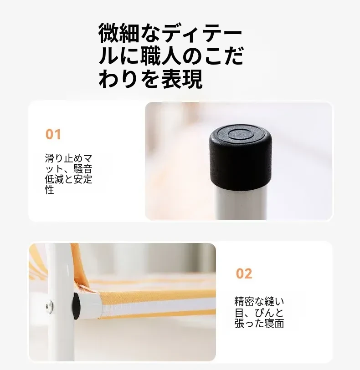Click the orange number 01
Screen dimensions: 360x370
(x=53, y=134)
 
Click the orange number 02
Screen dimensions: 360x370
(x=244, y=274)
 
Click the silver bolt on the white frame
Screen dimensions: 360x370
(x=49, y=307)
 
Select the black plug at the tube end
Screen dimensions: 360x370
(x=77, y=306)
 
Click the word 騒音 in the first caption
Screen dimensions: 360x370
(x=82, y=169)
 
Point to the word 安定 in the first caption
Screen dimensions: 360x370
(x=82, y=179)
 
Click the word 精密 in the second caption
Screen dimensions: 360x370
(x=244, y=302)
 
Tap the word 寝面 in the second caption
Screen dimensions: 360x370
(x=274, y=323)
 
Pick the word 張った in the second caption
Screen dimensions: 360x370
(x=249, y=323)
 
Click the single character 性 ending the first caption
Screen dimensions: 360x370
(x=50, y=190)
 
